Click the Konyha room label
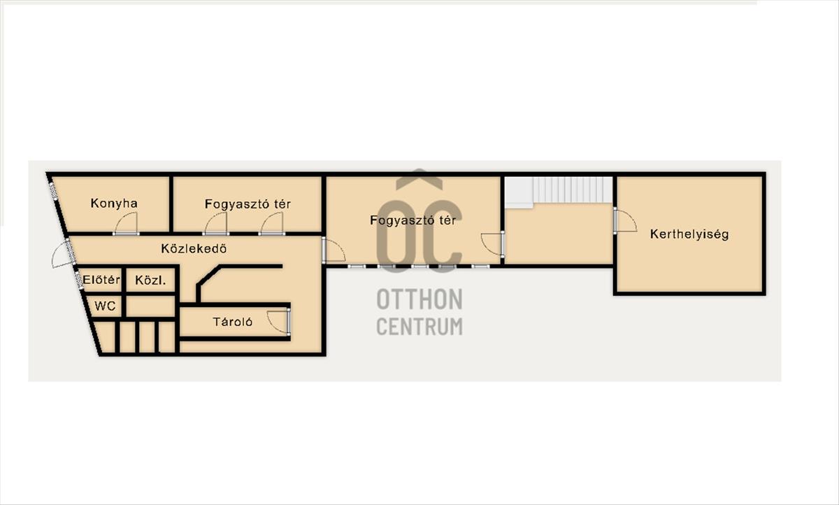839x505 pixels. coord(114,204)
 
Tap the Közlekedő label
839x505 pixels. coord(194,249)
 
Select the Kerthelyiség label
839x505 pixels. coord(689,235)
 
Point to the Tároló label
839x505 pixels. coord(233,322)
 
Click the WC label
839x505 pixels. coord(105,306)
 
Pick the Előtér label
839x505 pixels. coord(101,280)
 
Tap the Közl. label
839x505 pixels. coord(150,280)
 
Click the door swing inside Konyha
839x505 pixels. coord(127,224)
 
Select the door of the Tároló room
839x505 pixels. coord(279,322)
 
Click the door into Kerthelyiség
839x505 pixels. coord(625,220)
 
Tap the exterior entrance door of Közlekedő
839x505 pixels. coord(63,254)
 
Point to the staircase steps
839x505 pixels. coord(573,190)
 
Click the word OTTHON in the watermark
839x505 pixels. coord(419,299)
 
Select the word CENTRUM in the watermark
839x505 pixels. coord(419,327)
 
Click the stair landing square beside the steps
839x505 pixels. coord(519,192)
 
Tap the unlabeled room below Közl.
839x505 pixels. coord(150,306)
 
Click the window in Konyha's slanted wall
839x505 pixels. coord(54,191)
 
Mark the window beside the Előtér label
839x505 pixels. coord(78,280)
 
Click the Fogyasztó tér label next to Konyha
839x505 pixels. coord(248,204)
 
